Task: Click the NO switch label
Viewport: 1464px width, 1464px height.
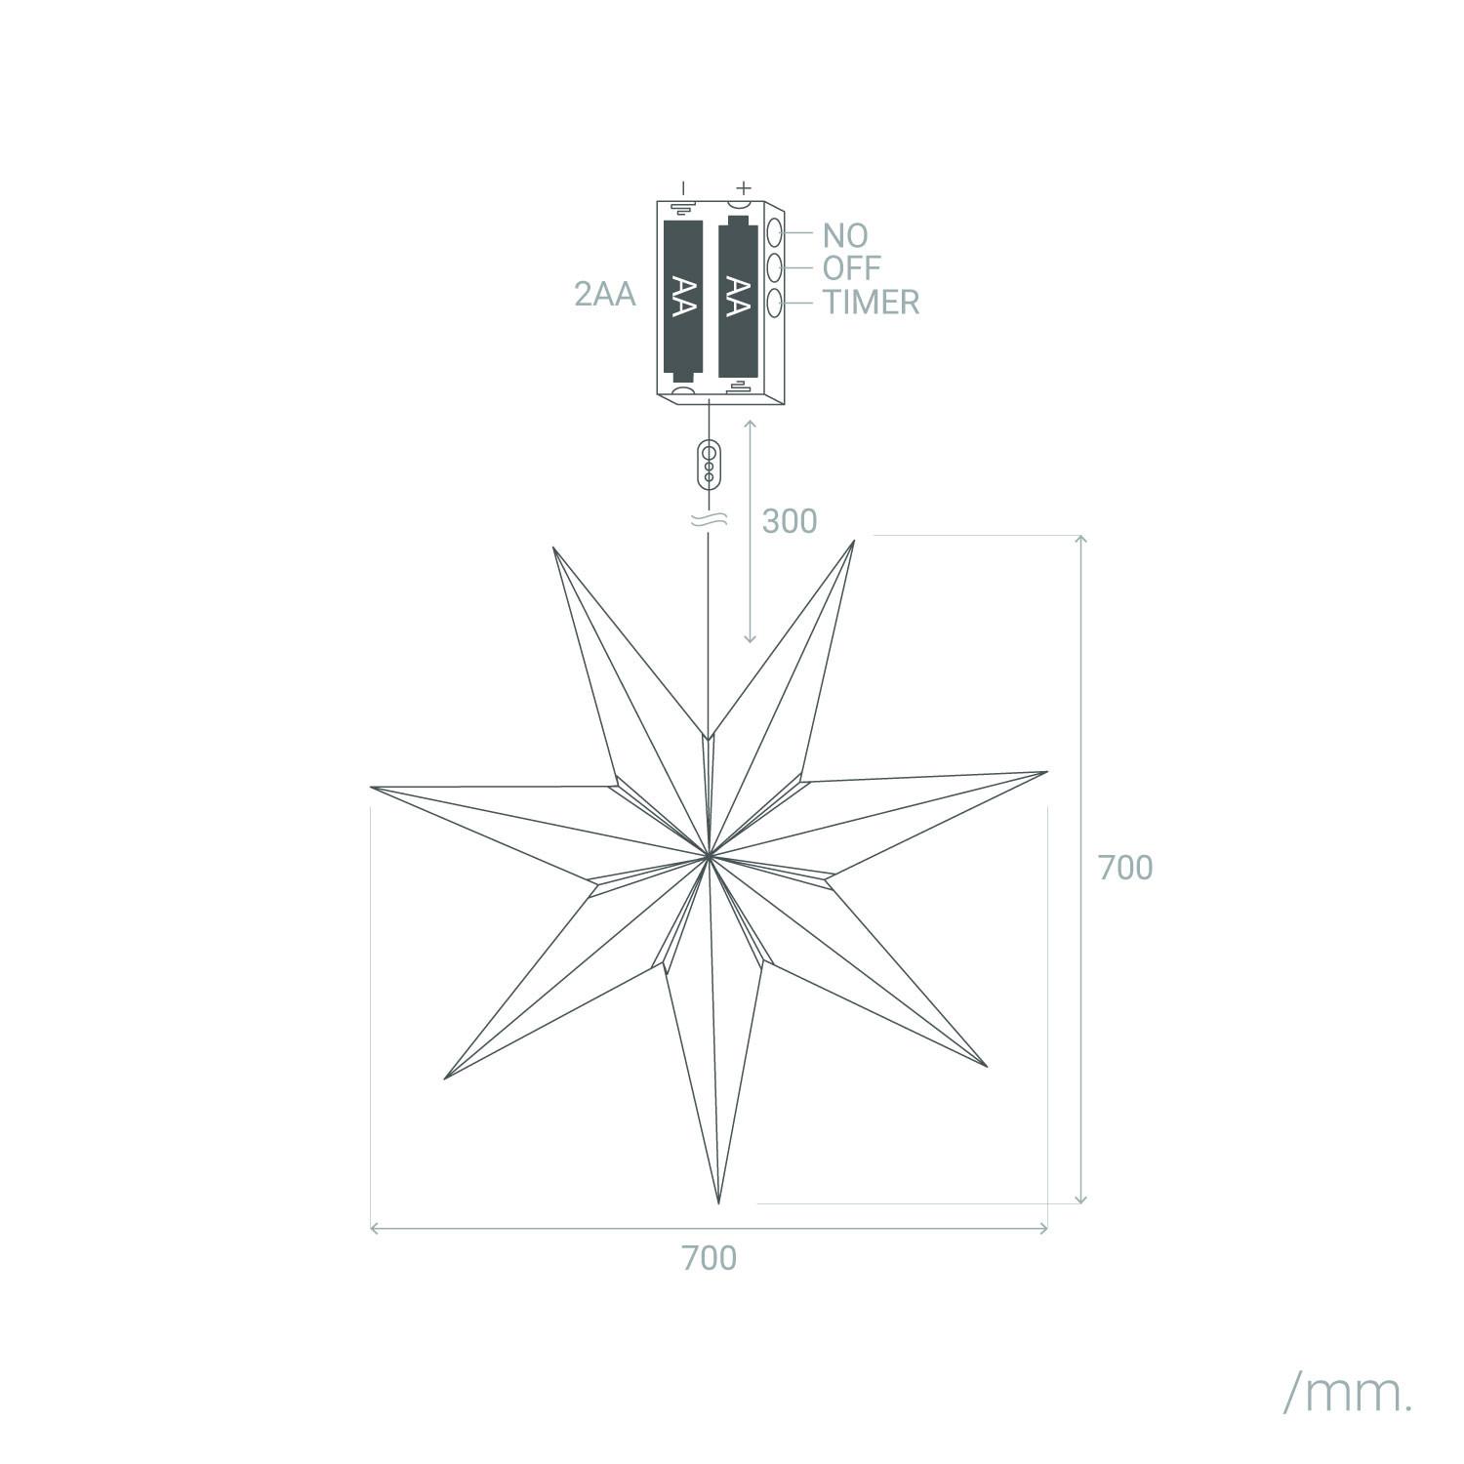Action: [x=844, y=235]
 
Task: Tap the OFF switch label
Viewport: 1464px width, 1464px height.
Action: [x=851, y=267]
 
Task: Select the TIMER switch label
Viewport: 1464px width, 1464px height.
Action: [x=871, y=303]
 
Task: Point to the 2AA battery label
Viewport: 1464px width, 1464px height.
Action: [x=605, y=294]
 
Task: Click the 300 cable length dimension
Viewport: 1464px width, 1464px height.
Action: [x=790, y=521]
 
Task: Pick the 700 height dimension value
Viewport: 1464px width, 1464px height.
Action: [x=1125, y=868]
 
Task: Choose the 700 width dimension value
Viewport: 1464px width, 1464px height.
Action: [x=710, y=1258]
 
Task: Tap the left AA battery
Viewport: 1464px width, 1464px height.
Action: [x=683, y=299]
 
